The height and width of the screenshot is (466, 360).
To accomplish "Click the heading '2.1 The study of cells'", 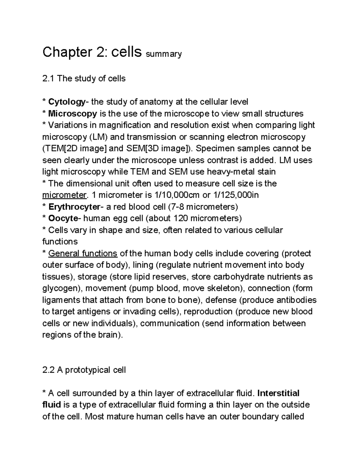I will pyautogui.click(x=84, y=79).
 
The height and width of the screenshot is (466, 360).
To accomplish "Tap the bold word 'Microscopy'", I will pyautogui.click(x=73, y=114).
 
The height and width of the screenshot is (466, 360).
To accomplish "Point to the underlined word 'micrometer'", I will pyautogui.click(x=64, y=195).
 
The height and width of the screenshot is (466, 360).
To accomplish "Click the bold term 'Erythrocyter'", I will pyautogui.click(x=74, y=207).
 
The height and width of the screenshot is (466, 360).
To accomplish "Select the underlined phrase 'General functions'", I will pyautogui.click(x=82, y=254).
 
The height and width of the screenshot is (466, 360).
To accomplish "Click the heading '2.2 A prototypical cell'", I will pyautogui.click(x=84, y=370).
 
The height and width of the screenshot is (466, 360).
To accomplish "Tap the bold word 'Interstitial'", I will pyautogui.click(x=278, y=393).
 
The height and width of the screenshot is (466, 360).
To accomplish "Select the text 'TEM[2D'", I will pyautogui.click(x=60, y=149).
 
